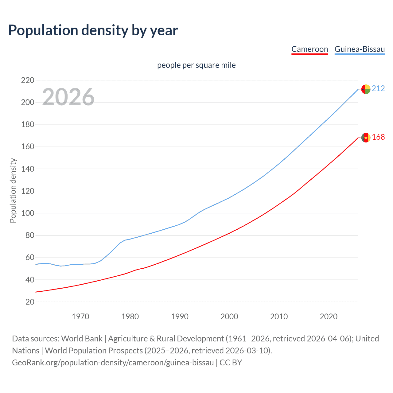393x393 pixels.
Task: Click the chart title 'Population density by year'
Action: coord(93,30)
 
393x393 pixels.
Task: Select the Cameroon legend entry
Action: coord(309,49)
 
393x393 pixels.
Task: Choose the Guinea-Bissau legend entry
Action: coord(360,49)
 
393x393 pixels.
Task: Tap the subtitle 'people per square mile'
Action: coord(196,65)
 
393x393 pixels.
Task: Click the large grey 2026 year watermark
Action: coord(68,97)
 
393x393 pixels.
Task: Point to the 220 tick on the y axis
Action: coord(28,80)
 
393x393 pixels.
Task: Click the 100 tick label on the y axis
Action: coord(28,213)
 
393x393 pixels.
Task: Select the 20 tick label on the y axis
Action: coord(30,302)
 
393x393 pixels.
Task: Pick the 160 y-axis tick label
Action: coord(28,147)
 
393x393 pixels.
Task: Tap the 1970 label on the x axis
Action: coord(80,317)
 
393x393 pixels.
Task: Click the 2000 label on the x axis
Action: coord(229,317)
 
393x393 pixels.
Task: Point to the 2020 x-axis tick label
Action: coord(329,317)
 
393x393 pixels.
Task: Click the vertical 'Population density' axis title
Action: coord(13,190)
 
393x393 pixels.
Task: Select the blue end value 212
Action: coord(378,89)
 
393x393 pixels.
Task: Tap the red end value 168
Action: coord(378,137)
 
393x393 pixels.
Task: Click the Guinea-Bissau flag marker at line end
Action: coord(366,89)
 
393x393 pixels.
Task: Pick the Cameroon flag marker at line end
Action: coord(366,138)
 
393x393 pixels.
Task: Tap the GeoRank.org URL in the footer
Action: coord(113,363)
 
